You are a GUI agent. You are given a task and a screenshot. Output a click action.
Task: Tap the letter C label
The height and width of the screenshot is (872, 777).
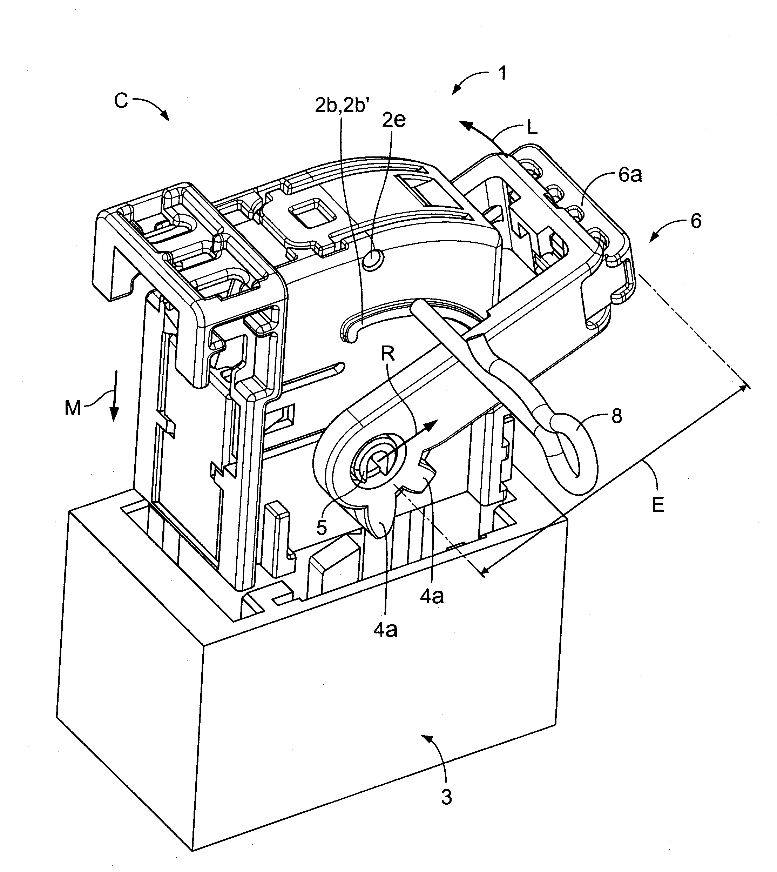[121, 101]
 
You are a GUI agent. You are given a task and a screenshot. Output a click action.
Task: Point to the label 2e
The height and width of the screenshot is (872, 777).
[394, 120]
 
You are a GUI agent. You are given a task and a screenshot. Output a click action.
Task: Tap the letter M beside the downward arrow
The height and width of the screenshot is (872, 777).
[73, 409]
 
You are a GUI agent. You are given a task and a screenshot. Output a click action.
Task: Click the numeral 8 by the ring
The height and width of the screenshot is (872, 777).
[617, 416]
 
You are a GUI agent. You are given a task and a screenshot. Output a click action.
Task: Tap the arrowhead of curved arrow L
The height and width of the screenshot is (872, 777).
[466, 125]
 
